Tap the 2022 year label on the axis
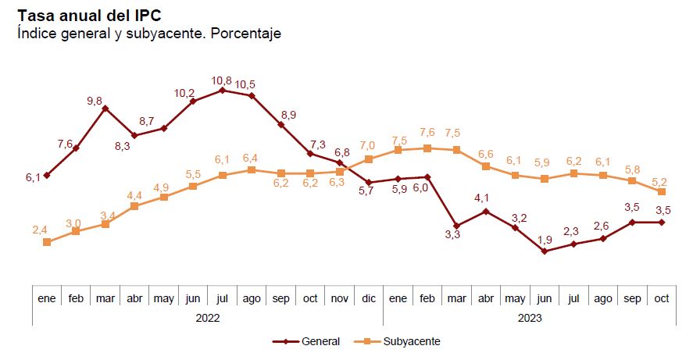207,318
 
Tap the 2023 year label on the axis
529,318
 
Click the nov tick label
339,298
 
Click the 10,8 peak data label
221,80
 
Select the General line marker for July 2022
223,90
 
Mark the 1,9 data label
545,239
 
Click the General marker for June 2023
545,251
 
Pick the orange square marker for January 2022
47,242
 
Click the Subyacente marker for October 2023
662,191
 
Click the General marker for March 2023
457,226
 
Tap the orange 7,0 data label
367,146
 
